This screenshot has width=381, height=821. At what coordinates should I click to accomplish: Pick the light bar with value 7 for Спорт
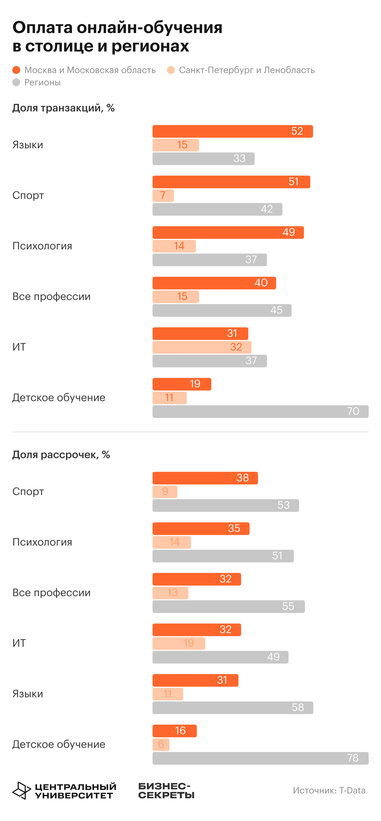163,195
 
